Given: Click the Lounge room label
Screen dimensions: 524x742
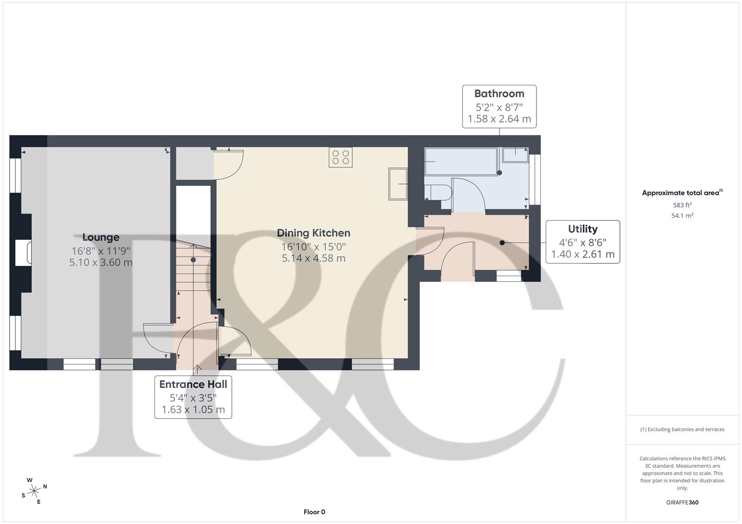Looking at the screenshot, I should tap(101, 237).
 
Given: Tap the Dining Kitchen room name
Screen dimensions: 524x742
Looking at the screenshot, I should tap(313, 233).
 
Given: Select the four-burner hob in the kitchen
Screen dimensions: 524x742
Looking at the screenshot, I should tap(340, 157).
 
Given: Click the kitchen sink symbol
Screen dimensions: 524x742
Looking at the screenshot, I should tap(397, 184).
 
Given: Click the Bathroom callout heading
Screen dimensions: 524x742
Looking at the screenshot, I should tap(499, 94).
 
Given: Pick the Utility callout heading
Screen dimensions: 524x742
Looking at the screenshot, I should tap(583, 229).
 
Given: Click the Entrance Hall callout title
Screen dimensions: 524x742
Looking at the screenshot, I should tap(193, 384).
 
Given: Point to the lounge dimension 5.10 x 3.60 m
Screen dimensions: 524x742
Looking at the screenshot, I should tap(101, 262).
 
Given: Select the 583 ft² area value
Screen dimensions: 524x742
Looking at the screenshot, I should tap(682, 205).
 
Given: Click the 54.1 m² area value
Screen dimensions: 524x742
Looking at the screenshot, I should tap(682, 216).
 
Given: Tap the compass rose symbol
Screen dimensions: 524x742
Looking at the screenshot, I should tap(34, 491).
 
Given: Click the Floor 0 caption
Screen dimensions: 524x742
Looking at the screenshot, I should tap(314, 512).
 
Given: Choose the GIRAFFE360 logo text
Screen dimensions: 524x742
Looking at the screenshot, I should tap(682, 502).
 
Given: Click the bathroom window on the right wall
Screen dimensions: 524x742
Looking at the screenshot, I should tap(535, 180).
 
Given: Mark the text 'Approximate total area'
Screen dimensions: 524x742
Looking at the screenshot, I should tap(680, 193).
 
